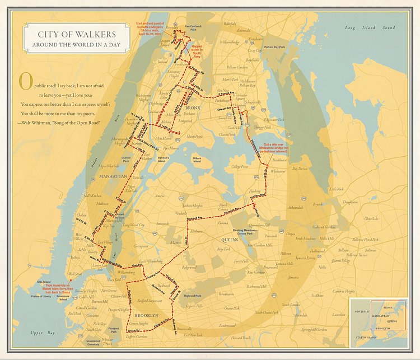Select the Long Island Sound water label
point(369,27)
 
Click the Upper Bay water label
point(43,333)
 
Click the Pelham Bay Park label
point(275,48)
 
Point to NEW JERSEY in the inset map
point(362,311)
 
